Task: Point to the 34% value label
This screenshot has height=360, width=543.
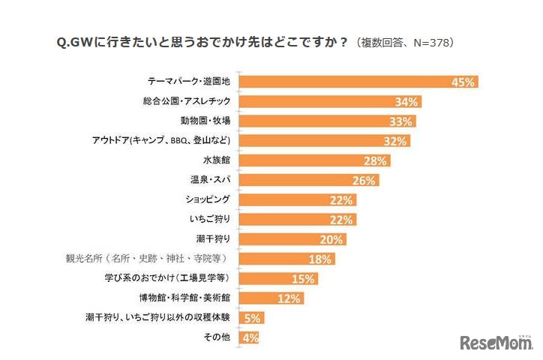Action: click(x=409, y=102)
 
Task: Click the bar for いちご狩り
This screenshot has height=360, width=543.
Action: click(x=297, y=219)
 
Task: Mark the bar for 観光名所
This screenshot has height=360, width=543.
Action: click(x=286, y=259)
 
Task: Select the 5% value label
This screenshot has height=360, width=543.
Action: click(x=251, y=318)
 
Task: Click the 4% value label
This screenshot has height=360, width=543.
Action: click(x=250, y=337)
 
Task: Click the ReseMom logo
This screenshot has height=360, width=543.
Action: click(x=496, y=342)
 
